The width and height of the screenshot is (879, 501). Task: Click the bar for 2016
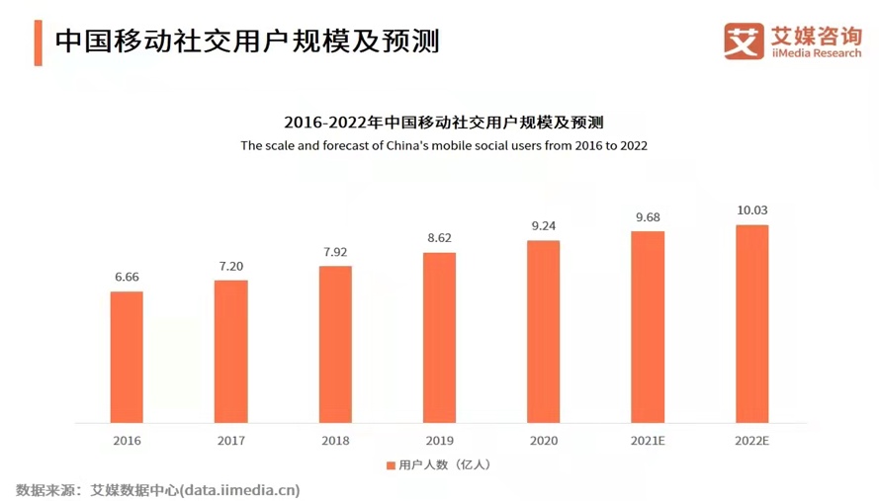[127, 357]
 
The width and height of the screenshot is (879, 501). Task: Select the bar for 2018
[335, 344]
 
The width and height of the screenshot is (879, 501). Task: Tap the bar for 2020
[543, 331]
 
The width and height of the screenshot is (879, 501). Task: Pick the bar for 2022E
[751, 324]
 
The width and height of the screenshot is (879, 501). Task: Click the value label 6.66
[127, 277]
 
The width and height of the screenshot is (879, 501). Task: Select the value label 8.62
[439, 238]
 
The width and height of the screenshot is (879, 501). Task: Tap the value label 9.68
[648, 216]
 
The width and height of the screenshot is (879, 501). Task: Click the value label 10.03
[751, 209]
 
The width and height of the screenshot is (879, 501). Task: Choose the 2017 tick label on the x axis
[230, 441]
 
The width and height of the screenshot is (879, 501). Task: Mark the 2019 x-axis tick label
[439, 441]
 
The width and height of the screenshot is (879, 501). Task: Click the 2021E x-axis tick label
[648, 441]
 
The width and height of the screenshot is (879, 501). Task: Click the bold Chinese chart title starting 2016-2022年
[443, 123]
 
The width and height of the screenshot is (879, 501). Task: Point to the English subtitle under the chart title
[443, 145]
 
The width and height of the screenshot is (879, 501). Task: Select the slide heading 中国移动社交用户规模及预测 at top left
[247, 42]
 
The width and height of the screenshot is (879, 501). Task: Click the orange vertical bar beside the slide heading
[38, 42]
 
